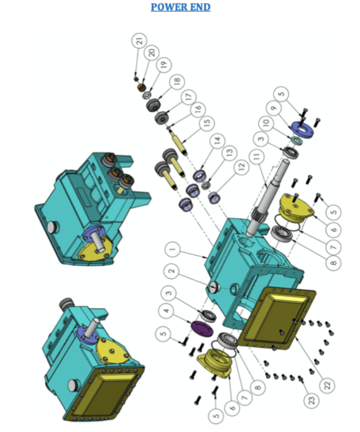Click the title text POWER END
click(x=180, y=7)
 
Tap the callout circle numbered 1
click(x=172, y=250)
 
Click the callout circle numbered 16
click(x=197, y=109)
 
